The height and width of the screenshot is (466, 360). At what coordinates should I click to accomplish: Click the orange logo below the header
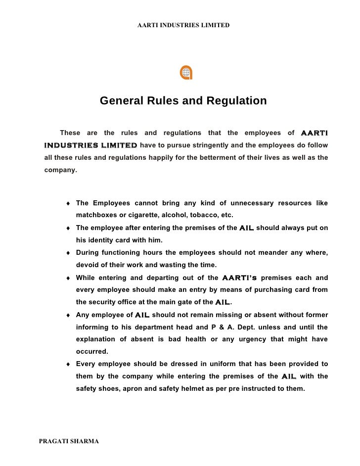point(186,72)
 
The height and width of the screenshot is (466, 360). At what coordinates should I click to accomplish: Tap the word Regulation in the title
point(239,101)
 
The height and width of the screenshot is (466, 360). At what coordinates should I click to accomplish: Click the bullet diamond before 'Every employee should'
point(67,365)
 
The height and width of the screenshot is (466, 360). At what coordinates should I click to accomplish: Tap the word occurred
point(92,352)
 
